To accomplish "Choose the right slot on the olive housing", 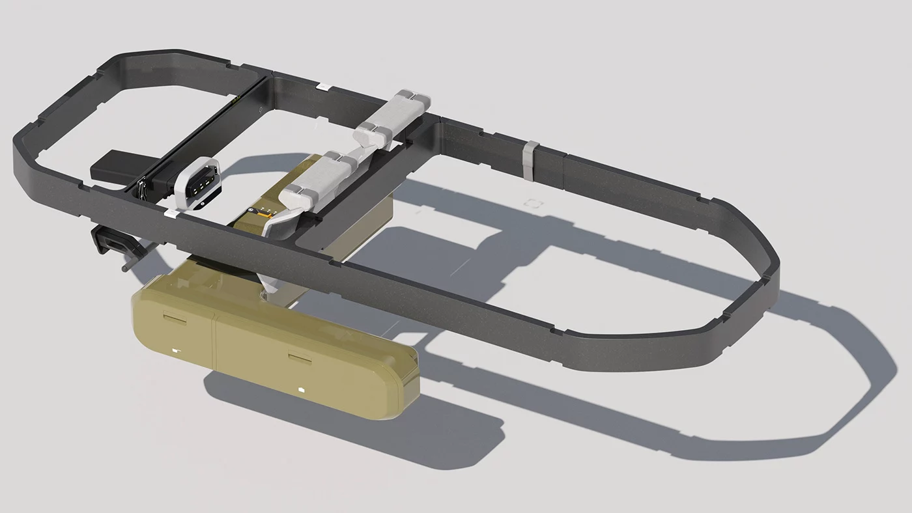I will pos(300,357).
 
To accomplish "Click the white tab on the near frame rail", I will pos(169,212).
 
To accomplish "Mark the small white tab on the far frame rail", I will pos(321,85).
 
